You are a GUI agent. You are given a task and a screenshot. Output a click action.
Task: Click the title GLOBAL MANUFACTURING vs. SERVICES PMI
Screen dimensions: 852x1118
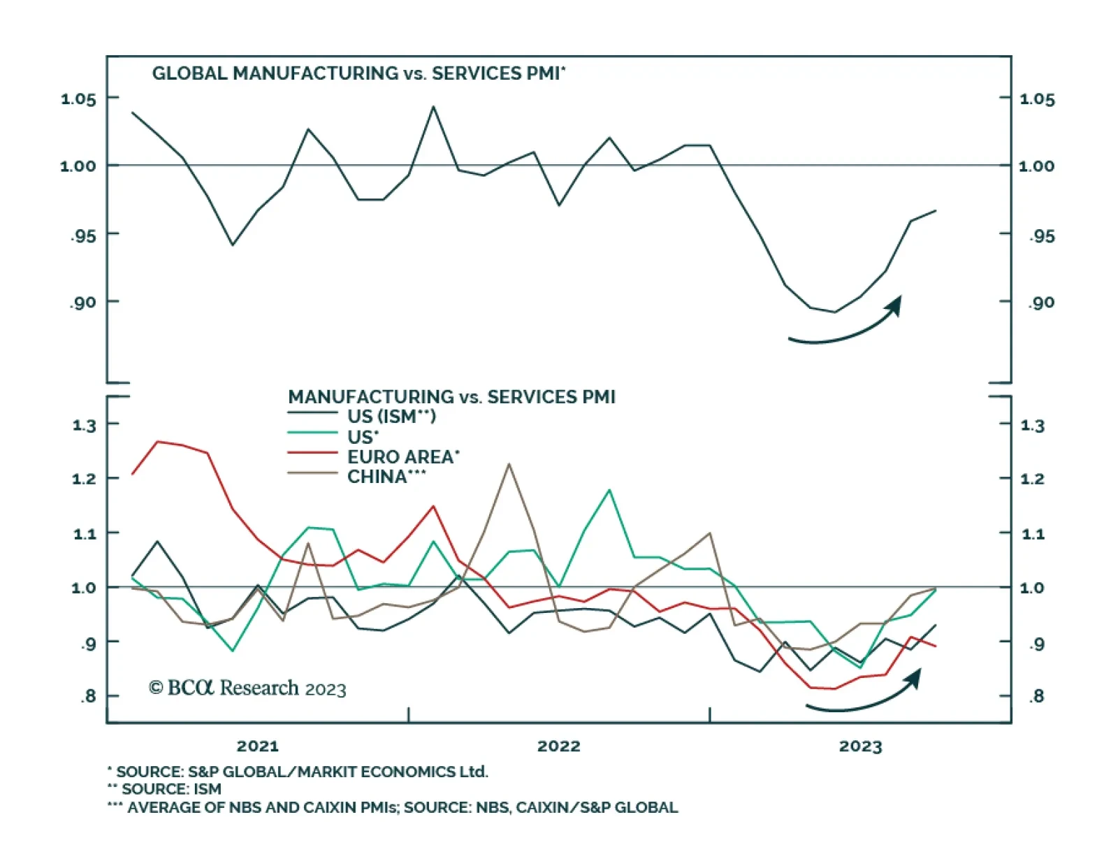pyautogui.click(x=358, y=73)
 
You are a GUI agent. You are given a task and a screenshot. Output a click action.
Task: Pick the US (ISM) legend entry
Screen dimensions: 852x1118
pyautogui.click(x=391, y=417)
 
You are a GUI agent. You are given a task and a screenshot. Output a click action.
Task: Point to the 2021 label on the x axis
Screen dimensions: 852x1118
pyautogui.click(x=258, y=746)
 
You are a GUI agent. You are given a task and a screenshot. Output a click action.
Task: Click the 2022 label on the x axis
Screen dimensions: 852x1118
pyautogui.click(x=559, y=746)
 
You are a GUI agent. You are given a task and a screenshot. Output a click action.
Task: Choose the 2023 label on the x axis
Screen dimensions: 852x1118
pyautogui.click(x=860, y=746)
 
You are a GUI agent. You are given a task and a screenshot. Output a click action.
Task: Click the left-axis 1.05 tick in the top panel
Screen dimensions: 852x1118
pyautogui.click(x=78, y=99)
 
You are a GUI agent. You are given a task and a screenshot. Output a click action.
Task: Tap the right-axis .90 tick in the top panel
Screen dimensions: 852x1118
pyautogui.click(x=1040, y=303)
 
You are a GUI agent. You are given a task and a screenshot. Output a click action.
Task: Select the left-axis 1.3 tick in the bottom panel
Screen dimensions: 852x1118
pyautogui.click(x=85, y=425)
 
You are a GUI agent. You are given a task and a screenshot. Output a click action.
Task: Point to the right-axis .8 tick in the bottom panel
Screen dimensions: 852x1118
pyautogui.click(x=1037, y=696)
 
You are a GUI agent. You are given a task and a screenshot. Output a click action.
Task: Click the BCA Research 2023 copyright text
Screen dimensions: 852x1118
pyautogui.click(x=247, y=688)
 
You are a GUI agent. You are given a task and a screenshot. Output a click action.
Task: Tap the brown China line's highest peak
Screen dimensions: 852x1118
pyautogui.click(x=509, y=464)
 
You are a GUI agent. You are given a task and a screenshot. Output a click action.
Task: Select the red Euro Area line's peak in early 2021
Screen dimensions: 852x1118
pyautogui.click(x=158, y=442)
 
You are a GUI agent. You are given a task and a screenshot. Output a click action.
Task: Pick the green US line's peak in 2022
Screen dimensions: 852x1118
pyautogui.click(x=609, y=490)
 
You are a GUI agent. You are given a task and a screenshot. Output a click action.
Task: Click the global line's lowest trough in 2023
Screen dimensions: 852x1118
pyautogui.click(x=834, y=312)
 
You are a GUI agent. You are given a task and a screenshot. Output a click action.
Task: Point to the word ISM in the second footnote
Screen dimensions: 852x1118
pyautogui.click(x=207, y=789)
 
